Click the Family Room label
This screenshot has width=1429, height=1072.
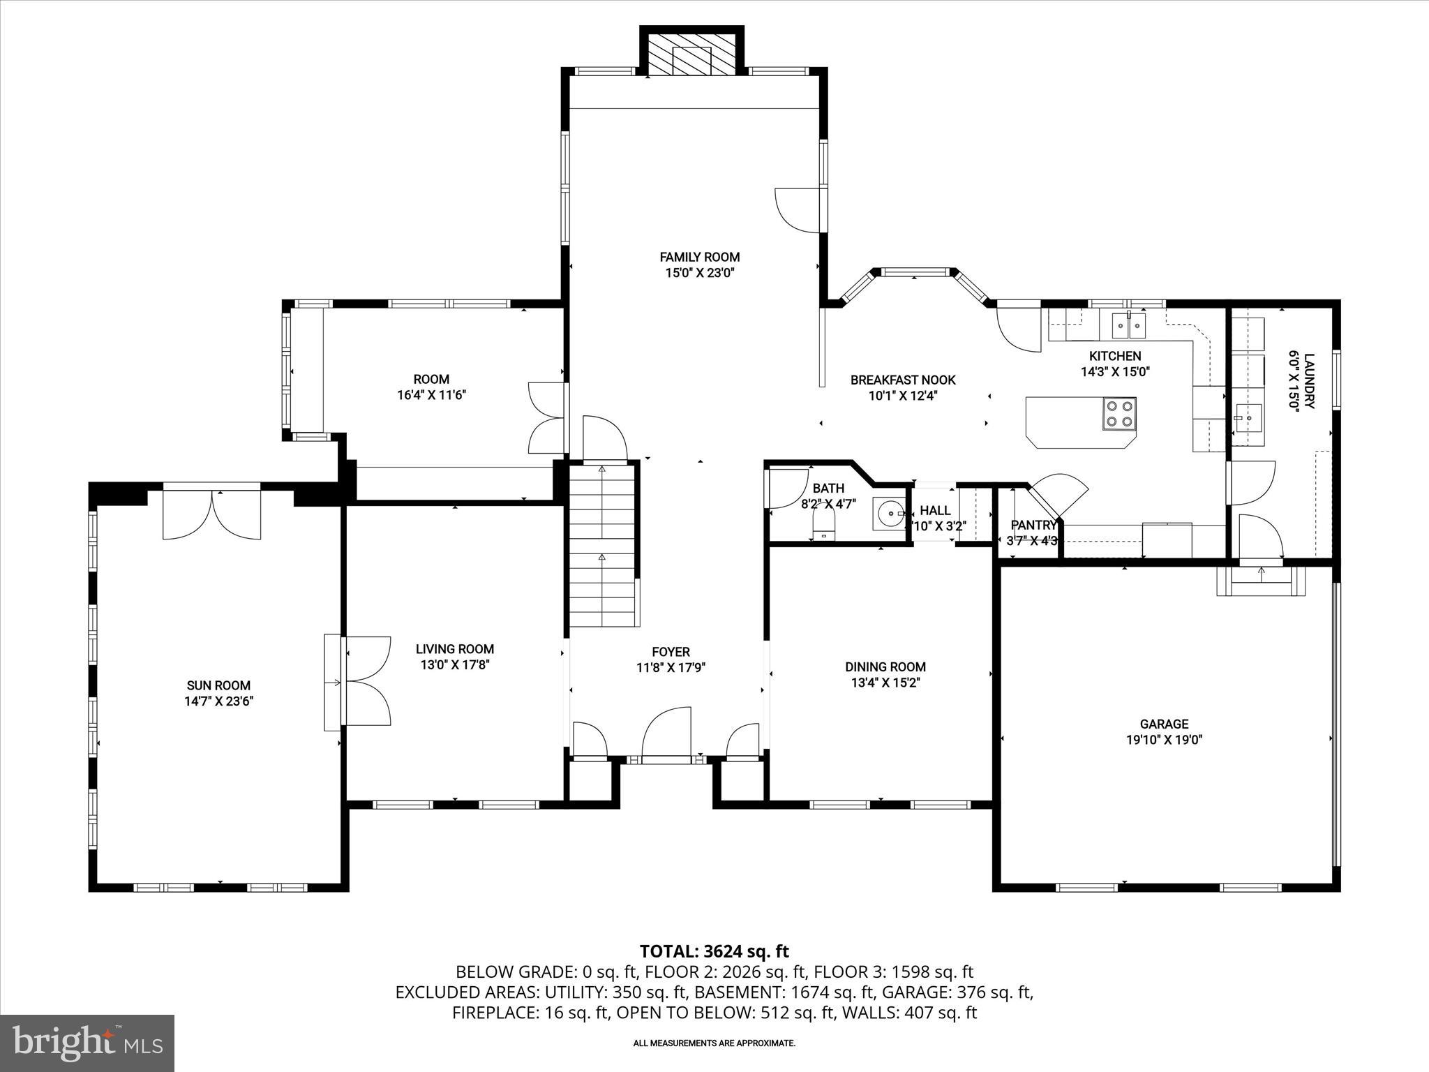[700, 257]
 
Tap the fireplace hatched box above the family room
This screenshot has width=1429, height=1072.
[691, 52]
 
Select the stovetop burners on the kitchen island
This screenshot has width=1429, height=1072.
[1118, 413]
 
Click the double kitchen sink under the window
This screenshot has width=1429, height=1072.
[1129, 325]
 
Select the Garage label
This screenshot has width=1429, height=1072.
[1164, 724]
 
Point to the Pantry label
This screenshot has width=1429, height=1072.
[1033, 525]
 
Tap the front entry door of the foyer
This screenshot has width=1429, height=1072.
[666, 736]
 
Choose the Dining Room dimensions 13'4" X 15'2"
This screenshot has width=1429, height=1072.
[885, 683]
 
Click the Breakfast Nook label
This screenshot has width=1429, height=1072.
[903, 380]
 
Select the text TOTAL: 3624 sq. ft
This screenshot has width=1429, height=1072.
[714, 951]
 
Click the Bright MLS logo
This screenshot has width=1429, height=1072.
[87, 1043]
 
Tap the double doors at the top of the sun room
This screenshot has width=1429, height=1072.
[211, 515]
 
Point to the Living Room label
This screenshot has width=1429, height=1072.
[455, 649]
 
